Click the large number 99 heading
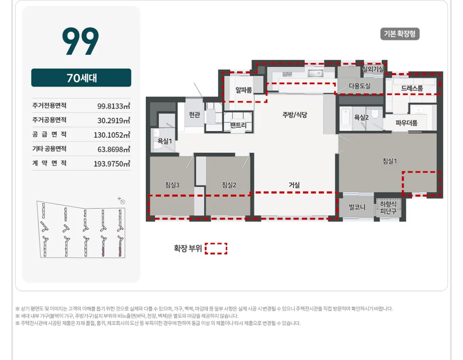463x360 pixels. (x=80, y=41)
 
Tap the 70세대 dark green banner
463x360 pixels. (x=81, y=78)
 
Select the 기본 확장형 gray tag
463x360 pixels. (x=400, y=34)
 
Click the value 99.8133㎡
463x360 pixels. (x=114, y=106)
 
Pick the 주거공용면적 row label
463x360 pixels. (x=49, y=120)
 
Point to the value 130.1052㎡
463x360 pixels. (x=112, y=135)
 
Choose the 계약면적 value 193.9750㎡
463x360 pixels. (x=112, y=164)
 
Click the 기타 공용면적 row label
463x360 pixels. (x=49, y=149)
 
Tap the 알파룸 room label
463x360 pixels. (x=244, y=90)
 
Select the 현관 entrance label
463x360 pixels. (x=195, y=114)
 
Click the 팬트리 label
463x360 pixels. (x=238, y=125)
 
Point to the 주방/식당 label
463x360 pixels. (x=294, y=114)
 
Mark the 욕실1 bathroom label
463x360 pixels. (x=165, y=141)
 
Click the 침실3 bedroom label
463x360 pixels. (x=172, y=185)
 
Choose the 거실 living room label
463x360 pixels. (x=294, y=185)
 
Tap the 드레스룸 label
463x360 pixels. (x=412, y=88)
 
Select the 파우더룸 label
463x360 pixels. (x=406, y=123)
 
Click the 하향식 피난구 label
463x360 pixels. (x=388, y=207)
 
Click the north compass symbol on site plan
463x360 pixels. (x=123, y=202)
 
